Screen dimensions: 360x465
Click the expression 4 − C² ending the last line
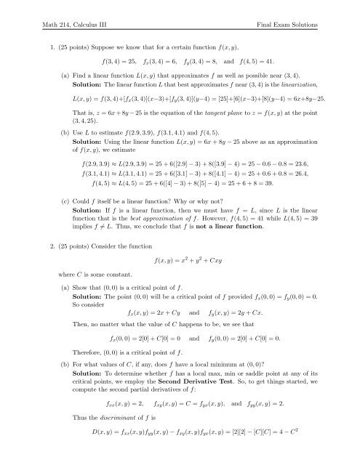coord(307,453)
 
